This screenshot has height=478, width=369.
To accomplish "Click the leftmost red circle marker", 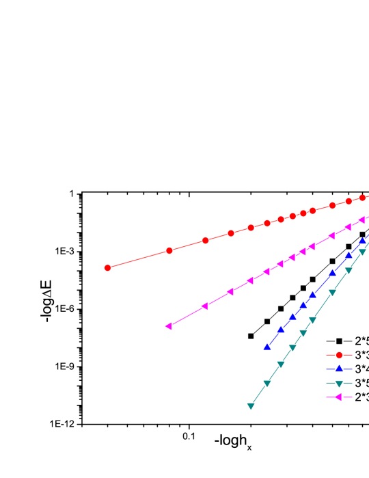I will click(107, 268).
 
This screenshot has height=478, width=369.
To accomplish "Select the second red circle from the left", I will click(169, 251).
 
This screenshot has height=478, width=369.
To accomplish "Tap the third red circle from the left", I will click(205, 241).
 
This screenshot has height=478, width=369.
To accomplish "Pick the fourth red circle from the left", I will click(231, 233).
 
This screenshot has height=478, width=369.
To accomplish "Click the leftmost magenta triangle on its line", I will click(168, 326).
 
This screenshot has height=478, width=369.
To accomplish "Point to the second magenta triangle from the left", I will click(204, 306).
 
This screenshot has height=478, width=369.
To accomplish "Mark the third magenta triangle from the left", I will click(230, 291).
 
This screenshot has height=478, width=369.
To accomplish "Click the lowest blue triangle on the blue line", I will click(267, 347).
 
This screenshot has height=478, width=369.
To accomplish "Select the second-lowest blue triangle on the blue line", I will click(281, 330).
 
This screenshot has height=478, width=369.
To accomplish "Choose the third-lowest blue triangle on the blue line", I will click(292, 317).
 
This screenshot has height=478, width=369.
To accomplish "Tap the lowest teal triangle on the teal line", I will click(251, 406).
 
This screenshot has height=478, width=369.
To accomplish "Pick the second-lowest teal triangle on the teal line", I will click(267, 384).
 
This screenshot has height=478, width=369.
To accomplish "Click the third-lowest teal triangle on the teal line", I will click(281, 364).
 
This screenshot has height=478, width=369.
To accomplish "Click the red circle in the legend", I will click(339, 355).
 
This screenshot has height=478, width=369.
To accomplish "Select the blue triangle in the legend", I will click(339, 369).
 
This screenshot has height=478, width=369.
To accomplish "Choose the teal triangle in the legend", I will click(339, 384).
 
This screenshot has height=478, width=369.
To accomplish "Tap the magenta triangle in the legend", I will click(338, 397).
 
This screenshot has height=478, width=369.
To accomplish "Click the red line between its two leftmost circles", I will click(139, 259).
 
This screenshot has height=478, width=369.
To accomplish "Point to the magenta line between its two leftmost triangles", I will click(186, 316).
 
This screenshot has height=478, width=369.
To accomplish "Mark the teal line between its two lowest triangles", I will click(259, 395).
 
